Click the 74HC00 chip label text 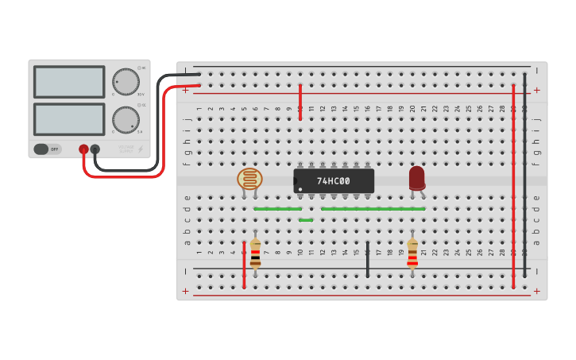pos(334,181)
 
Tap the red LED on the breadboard pos(416,177)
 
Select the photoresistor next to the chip pos(249,179)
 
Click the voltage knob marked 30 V pos(125,81)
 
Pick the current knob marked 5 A pos(125,119)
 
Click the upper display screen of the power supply pos(69,82)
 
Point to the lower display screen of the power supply pos(69,119)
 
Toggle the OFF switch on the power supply pos(48,149)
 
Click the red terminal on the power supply pos(83,149)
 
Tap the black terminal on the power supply pos(95,149)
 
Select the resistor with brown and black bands pos(255,254)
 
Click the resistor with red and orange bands pos(412,254)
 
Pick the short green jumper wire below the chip pos(306,219)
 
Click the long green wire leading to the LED pos(373,209)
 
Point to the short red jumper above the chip pos(300,102)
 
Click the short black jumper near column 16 pos(367,260)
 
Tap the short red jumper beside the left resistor pos(244,265)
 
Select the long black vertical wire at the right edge pos(524,175)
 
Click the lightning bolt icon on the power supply pos(141,149)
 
